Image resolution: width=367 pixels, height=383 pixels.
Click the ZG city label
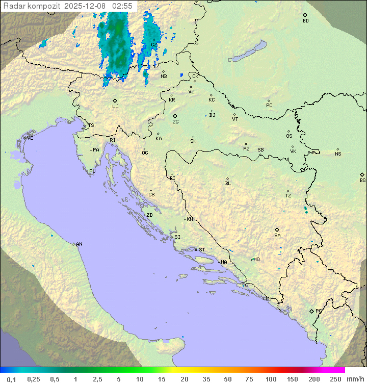point(175,122)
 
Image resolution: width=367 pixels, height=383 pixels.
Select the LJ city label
point(115,106)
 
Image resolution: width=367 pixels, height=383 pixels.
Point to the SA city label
point(277,236)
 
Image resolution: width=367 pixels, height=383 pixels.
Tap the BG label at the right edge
point(362,180)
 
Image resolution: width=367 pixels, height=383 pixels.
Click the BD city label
point(305,21)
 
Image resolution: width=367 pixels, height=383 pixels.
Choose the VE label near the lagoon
point(30,138)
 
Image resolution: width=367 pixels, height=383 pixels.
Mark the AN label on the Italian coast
point(79,244)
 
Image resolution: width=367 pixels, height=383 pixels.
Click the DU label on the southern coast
point(268,299)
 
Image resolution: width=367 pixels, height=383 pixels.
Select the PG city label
point(319,311)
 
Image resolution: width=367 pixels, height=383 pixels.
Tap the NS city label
point(338,154)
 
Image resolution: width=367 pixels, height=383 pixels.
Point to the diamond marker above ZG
point(175,116)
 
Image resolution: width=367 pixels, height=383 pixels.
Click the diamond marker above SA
point(277,229)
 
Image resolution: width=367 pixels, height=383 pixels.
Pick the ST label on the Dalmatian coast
point(202,250)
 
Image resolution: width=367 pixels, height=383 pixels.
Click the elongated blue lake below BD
point(247,52)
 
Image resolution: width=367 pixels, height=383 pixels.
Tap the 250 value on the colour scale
point(335,379)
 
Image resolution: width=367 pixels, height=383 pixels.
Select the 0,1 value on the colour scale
point(11,379)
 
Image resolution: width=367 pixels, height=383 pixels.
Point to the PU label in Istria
point(92,171)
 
